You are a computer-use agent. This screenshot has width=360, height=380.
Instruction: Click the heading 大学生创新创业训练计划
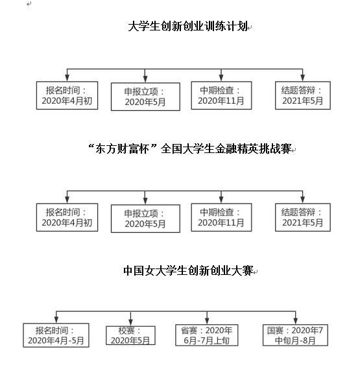click(x=188, y=26)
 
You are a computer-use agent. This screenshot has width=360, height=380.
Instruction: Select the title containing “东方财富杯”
click(x=190, y=148)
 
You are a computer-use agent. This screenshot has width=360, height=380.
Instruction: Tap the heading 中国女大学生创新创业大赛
click(x=188, y=270)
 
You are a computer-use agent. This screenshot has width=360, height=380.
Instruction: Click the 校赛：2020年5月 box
click(x=130, y=335)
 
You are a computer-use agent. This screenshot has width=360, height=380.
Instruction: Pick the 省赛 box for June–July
click(x=206, y=335)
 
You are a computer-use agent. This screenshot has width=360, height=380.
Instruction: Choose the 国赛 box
click(x=295, y=335)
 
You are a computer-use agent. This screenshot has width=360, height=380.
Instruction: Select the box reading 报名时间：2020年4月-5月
click(x=56, y=335)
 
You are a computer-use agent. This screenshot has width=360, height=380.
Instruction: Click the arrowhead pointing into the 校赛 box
click(x=130, y=322)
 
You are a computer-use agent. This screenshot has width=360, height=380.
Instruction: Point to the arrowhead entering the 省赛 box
click(x=207, y=321)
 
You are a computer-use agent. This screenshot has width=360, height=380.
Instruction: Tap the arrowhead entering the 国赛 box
click(x=296, y=321)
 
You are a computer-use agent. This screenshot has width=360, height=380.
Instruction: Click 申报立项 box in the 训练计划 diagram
click(x=145, y=97)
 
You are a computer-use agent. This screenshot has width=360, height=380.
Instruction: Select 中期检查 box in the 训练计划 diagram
click(x=221, y=95)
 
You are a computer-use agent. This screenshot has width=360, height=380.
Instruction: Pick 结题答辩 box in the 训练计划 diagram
click(x=303, y=95)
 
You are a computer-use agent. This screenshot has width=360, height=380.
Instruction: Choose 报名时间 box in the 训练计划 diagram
click(x=67, y=95)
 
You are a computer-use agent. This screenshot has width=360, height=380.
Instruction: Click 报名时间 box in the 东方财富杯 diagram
click(x=67, y=217)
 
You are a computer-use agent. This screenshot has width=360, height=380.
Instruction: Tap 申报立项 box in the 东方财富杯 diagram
click(x=145, y=219)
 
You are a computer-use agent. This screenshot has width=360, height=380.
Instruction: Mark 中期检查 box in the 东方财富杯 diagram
click(x=221, y=217)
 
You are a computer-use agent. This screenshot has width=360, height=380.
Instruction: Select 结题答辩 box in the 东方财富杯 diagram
click(x=303, y=217)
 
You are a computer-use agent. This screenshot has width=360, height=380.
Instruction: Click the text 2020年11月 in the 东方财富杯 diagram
click(x=221, y=222)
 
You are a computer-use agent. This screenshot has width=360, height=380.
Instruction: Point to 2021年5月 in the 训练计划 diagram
click(x=302, y=101)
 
